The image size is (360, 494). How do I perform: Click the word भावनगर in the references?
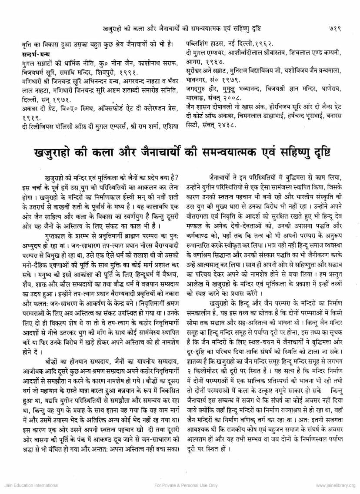click(196, 80)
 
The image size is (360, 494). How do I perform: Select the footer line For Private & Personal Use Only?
click(180, 485)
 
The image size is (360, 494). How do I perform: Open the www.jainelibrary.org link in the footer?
click(335, 485)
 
